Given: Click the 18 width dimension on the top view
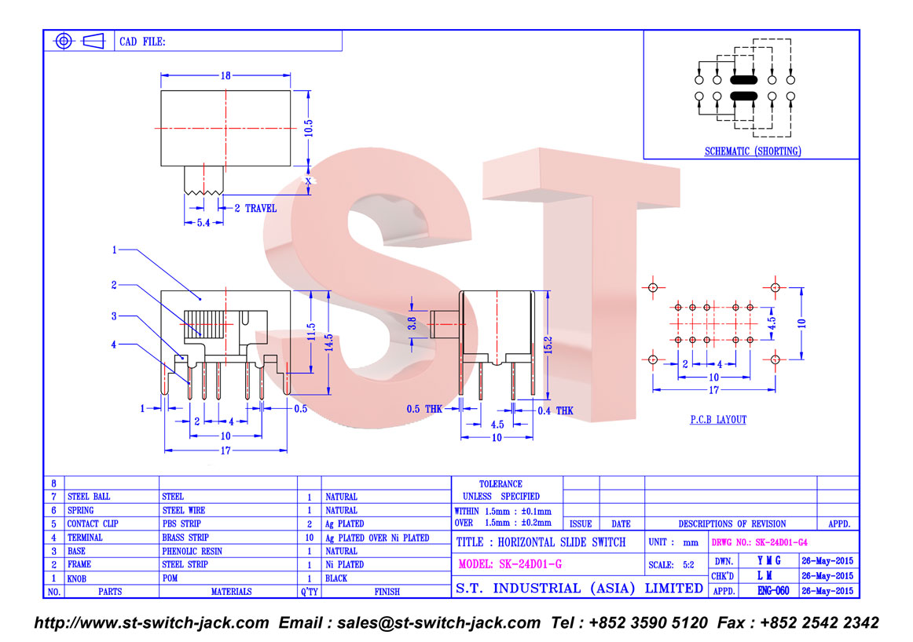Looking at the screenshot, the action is [x=225, y=75].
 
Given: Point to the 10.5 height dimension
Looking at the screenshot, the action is [x=308, y=129].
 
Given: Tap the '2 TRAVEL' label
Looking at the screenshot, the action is [x=255, y=208].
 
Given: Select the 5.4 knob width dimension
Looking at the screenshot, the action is [x=203, y=223].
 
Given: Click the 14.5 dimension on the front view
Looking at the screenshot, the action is [x=328, y=342].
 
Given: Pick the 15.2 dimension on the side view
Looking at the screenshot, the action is [x=548, y=345].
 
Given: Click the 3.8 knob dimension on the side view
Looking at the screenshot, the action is [x=412, y=323].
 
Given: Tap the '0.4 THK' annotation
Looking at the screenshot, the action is [x=555, y=410].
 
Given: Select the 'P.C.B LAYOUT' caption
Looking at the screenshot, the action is [x=718, y=419].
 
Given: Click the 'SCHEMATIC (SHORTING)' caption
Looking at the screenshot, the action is [x=753, y=151].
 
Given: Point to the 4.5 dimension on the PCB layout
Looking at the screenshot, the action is [x=772, y=323].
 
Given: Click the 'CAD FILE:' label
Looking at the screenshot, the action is [x=143, y=42].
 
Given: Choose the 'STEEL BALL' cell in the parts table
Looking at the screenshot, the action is [x=89, y=497].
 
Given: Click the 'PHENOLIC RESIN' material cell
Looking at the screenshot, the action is [x=192, y=551].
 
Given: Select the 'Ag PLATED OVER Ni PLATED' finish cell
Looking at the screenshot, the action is [x=377, y=538].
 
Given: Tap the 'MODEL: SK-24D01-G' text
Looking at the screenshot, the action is [x=510, y=564].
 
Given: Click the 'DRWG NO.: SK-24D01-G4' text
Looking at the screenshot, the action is [x=759, y=542].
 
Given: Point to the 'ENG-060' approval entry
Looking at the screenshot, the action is [x=773, y=591].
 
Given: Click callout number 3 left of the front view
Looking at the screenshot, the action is [x=114, y=316].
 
